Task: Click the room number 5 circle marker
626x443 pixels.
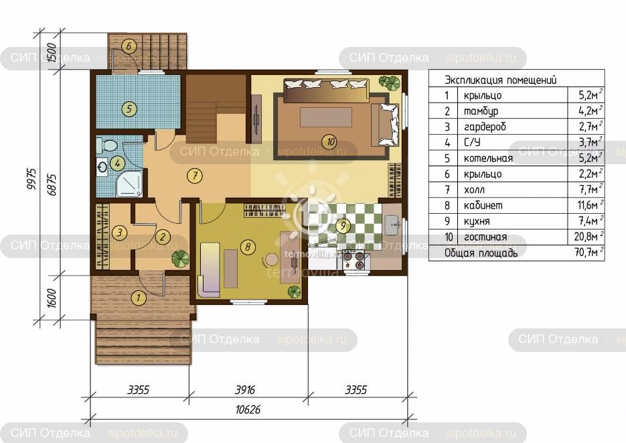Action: (x=129, y=109)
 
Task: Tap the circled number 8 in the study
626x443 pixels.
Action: (x=248, y=247)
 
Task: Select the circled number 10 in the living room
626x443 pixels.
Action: (x=331, y=141)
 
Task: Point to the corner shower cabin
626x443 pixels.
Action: (x=129, y=184)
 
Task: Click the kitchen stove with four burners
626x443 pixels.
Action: (x=354, y=260)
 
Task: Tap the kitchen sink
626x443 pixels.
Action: (x=392, y=225)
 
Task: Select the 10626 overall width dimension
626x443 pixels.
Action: (x=248, y=409)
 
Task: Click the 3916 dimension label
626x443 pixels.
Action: (x=245, y=389)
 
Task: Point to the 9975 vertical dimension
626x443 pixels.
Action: (x=31, y=178)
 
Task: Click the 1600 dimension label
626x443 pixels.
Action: (x=52, y=298)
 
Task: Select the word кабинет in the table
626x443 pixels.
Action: (x=483, y=205)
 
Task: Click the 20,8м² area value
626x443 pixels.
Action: (x=588, y=236)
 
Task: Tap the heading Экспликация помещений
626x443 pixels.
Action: (x=501, y=80)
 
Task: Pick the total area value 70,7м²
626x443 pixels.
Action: (x=588, y=252)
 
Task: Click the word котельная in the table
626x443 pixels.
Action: (x=488, y=158)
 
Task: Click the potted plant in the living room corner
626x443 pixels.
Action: (x=389, y=82)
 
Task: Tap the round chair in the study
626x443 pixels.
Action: (x=272, y=259)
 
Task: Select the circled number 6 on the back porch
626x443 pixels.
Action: (x=129, y=46)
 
